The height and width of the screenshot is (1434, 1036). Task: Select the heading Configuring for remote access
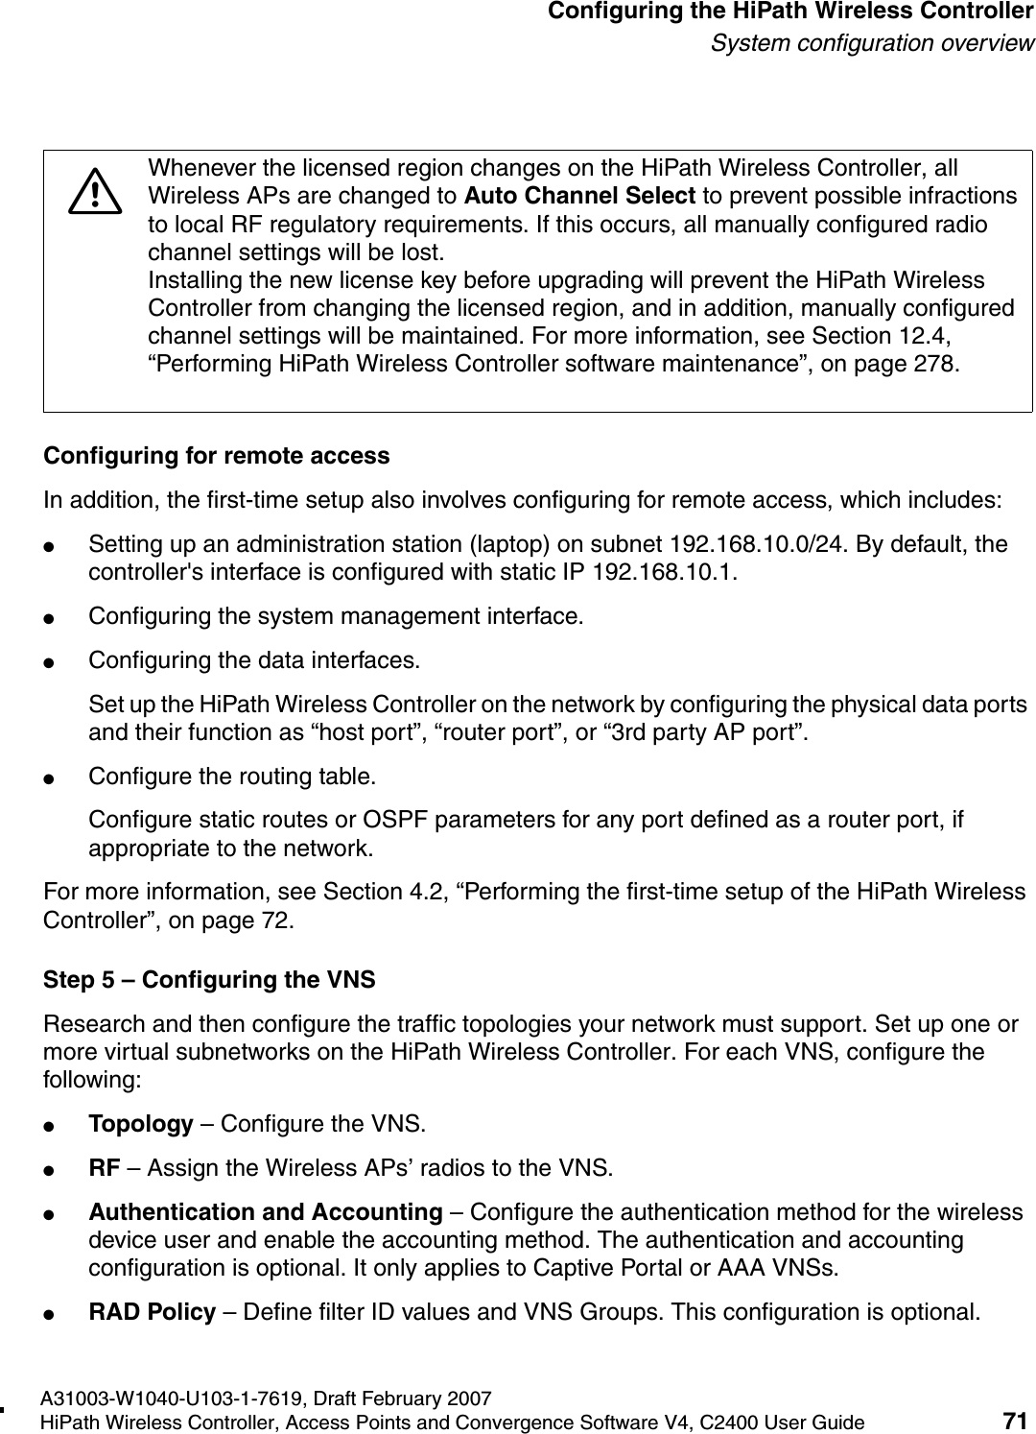218,456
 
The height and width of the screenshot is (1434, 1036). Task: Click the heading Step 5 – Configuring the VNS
210,981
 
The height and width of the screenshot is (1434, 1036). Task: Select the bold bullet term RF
105,1168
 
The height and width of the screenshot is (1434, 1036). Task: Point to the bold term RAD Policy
152,1312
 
